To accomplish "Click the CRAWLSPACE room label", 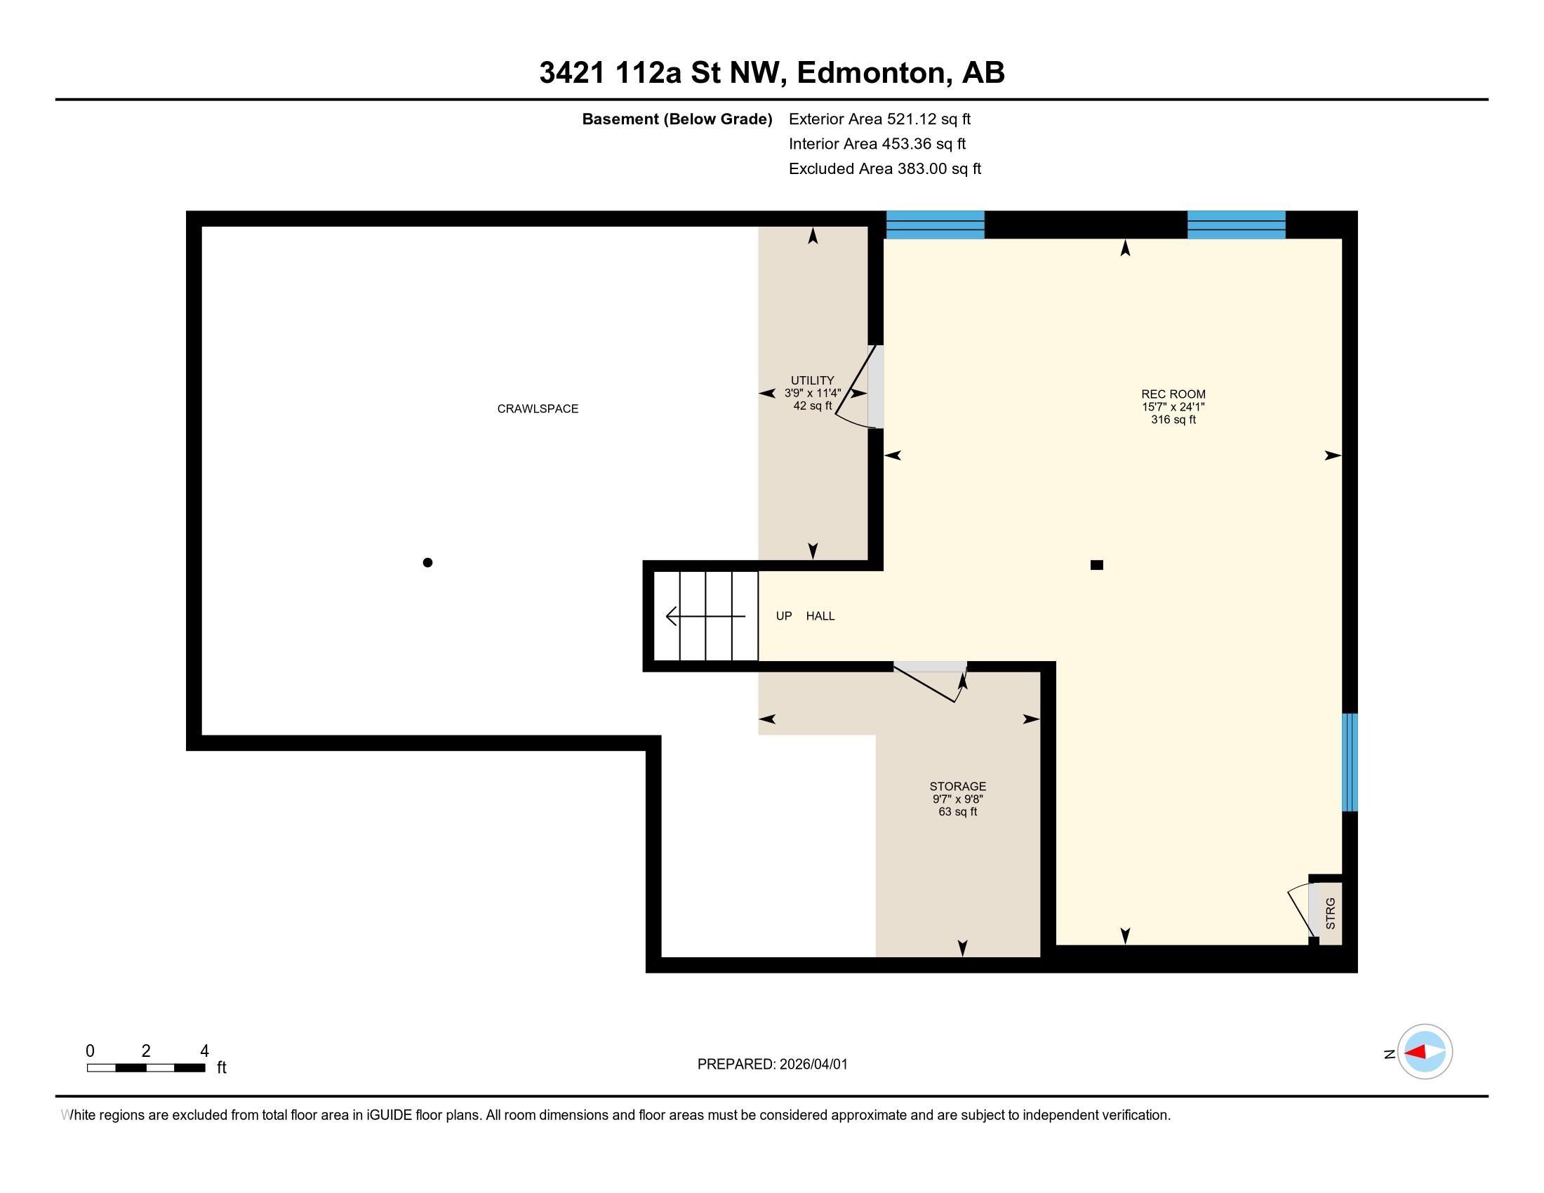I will tap(538, 408).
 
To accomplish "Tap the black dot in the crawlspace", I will tap(427, 563).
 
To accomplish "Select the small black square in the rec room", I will tap(1096, 565).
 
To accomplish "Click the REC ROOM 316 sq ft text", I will tap(1173, 419).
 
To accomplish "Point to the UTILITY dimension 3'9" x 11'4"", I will tap(812, 393).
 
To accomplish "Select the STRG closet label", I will tap(1331, 913).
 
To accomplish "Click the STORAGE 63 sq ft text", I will tap(957, 811).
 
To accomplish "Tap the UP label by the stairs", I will tap(783, 616).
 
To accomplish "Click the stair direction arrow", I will tap(704, 616).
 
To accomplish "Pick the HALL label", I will tap(820, 616).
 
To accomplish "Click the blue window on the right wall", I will tap(1350, 762).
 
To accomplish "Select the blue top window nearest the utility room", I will tap(935, 225).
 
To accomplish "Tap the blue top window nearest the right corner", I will tap(1236, 225).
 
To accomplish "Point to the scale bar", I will tap(146, 1067).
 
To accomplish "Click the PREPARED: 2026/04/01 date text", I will tap(772, 1065).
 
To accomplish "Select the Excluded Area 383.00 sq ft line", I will tap(884, 169).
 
